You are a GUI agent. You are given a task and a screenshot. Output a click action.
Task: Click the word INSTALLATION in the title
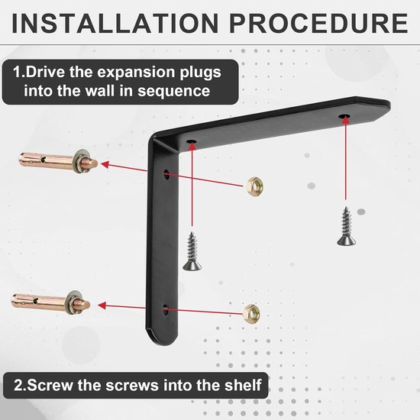click(115, 24)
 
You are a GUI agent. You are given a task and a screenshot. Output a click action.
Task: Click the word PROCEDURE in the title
click(318, 24)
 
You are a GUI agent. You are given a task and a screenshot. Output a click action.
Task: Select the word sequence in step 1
click(174, 92)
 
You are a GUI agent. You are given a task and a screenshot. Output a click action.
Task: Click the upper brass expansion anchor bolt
click(58, 161)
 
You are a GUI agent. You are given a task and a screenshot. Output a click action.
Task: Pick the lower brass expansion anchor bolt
click(51, 302)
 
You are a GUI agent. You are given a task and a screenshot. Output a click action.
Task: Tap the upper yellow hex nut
click(254, 186)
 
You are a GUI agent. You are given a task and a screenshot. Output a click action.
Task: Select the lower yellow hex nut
click(252, 314)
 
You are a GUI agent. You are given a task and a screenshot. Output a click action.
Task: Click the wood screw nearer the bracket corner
click(192, 251)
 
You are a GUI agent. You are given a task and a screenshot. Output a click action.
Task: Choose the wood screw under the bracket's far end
click(347, 226)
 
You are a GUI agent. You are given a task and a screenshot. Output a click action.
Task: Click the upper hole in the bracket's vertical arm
click(166, 174)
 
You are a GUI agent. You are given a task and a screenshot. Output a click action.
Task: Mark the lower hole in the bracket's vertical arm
click(166, 310)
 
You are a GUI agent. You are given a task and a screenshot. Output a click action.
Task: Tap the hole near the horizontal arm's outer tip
click(344, 116)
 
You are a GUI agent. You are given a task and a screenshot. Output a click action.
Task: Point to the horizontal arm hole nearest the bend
click(192, 141)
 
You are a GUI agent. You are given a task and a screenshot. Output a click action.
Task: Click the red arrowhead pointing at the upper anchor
click(105, 164)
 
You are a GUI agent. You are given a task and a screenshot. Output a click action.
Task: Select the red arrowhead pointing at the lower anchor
click(102, 305)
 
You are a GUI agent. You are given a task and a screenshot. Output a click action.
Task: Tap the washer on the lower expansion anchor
click(72, 302)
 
